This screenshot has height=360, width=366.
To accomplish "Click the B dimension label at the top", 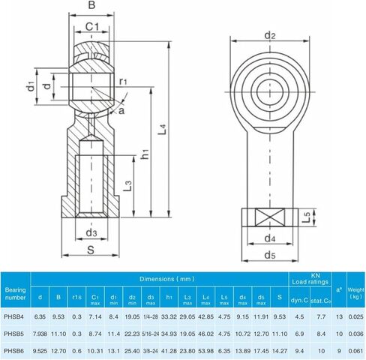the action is (x=91, y=4).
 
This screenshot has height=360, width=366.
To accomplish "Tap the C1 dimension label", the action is (x=92, y=26).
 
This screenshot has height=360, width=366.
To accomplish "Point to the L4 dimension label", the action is (x=163, y=129).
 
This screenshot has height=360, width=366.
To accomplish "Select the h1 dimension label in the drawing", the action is (x=145, y=154).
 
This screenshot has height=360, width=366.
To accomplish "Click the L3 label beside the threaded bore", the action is (x=127, y=186).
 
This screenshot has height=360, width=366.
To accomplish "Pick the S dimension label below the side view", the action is (x=91, y=250).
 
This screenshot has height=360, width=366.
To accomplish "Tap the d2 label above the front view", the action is (x=270, y=36).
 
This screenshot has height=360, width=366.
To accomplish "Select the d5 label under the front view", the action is (x=270, y=255).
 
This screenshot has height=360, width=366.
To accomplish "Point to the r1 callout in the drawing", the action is (x=123, y=82).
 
